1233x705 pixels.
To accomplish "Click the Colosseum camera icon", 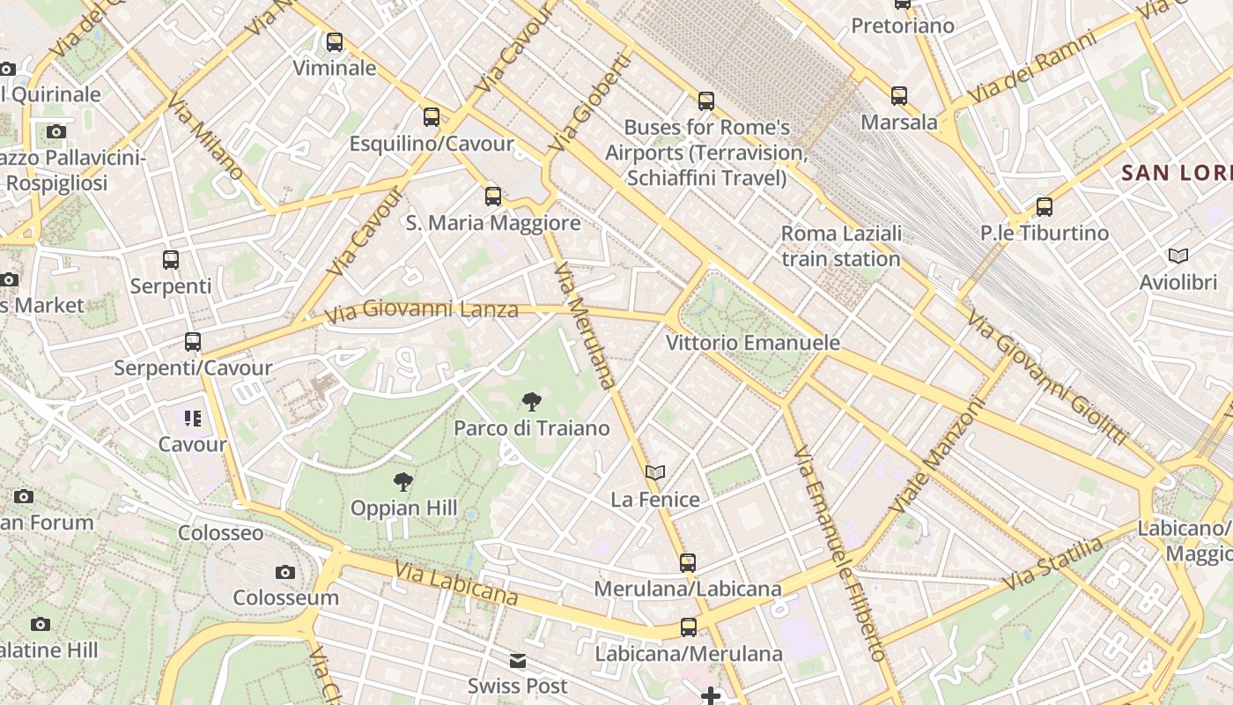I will pos(284,573).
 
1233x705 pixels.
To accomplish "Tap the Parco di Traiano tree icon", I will pos(531,403).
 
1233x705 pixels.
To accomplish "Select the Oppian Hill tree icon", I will pos(403,482).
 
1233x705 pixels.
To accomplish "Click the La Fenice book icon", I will pos(654,473).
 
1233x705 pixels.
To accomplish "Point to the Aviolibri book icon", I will pos(1178,256).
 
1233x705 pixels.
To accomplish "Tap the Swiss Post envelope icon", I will pos(518,660).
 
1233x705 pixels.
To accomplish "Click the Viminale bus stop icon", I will pos(334,41).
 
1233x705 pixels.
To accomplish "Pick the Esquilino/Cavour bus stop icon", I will pos(431,116).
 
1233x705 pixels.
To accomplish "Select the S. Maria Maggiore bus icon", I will pos(493,197).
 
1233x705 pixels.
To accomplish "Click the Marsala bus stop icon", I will pos(898,96).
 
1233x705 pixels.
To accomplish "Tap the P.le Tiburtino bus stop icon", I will pos(1044,207).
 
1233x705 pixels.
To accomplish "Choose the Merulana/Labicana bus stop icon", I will pos(687,562).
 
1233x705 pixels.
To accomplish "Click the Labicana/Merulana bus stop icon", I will pos(688,627).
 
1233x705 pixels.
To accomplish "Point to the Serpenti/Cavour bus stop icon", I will pos(193,342).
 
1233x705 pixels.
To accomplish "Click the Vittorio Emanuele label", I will pos(753,343).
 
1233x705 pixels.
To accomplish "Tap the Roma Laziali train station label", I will pos(841,246).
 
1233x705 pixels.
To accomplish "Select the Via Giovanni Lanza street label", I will pos(421,310).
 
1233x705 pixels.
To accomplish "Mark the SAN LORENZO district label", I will pos(1177,173).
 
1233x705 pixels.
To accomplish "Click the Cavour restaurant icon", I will pos(193,418).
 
